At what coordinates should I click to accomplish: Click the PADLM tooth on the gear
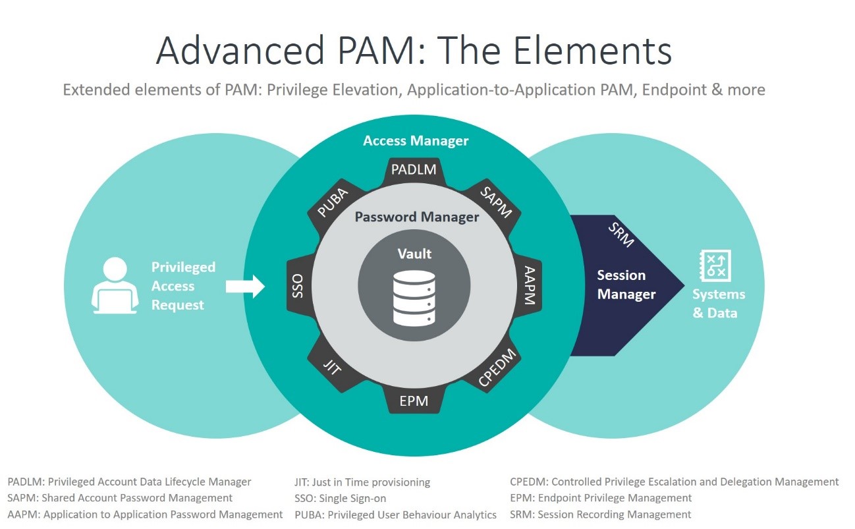[x=414, y=169]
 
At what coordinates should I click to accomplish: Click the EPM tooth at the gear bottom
[x=414, y=401]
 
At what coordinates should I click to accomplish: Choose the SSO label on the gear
[x=298, y=286]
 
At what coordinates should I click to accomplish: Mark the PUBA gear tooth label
[x=333, y=200]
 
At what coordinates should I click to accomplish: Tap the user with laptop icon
[x=115, y=285]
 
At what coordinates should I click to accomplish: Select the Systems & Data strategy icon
[x=715, y=266]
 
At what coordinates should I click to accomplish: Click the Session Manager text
[x=625, y=285]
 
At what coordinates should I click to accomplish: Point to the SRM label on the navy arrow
[x=621, y=235]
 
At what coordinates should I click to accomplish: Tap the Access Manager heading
[x=416, y=141]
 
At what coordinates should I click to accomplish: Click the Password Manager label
[x=416, y=217]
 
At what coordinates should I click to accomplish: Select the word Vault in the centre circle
[x=414, y=254]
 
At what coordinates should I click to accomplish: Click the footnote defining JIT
[x=362, y=482]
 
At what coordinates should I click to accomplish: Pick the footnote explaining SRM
[x=600, y=515]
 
